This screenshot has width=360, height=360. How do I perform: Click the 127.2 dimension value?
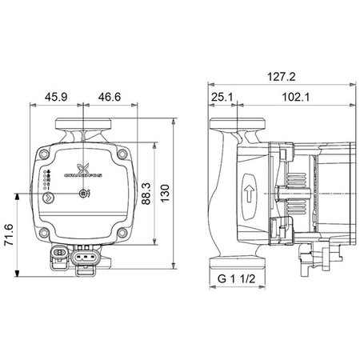point(282,77)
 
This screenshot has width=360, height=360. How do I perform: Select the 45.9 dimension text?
point(56,96)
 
